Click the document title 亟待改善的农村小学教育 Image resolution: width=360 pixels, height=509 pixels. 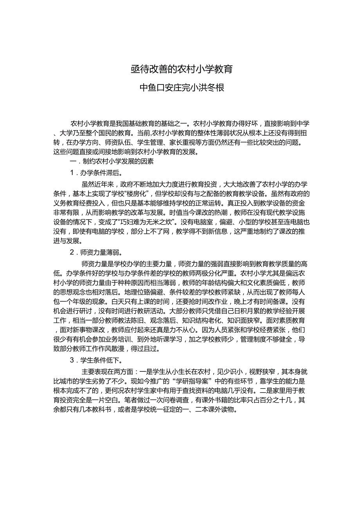pyautogui.click(x=182, y=69)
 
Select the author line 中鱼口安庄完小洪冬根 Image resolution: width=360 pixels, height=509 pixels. pyautogui.click(x=182, y=88)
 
